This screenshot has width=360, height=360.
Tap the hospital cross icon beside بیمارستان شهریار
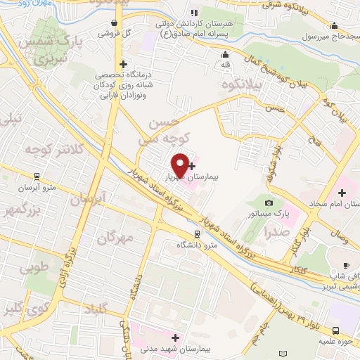pyautogui.click(x=192, y=166)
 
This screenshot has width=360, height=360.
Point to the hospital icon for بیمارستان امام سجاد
pyautogui.click(x=342, y=192)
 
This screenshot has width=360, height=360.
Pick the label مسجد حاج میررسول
pyautogui.click(x=329, y=35)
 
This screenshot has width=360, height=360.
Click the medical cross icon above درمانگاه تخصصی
pyautogui.click(x=123, y=63)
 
